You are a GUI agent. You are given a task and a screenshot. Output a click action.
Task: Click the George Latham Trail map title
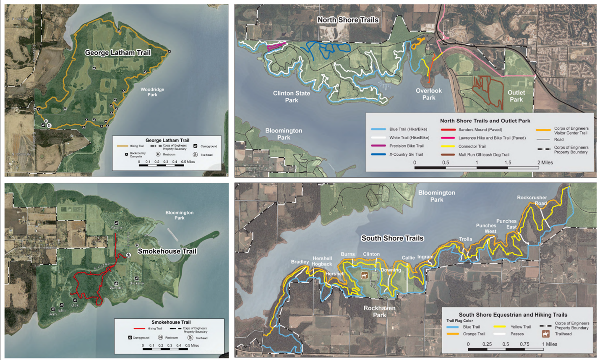[117, 53]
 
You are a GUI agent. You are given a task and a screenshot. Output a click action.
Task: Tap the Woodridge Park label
[152, 92]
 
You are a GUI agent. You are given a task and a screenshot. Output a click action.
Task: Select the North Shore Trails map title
[348, 20]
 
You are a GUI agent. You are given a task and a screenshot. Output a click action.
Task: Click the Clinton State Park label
[291, 97]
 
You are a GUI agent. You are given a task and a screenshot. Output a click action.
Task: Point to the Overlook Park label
[428, 94]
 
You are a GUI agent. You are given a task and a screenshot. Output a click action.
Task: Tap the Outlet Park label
[516, 96]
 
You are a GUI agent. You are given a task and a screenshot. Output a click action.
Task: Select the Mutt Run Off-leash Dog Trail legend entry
[483, 155]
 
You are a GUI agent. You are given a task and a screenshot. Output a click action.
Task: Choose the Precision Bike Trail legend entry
[406, 146]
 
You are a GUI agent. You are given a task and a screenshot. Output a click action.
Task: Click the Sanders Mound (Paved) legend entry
[480, 130]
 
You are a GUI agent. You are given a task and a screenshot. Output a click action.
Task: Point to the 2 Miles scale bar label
[545, 162]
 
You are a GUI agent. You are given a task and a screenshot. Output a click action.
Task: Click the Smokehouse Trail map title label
[167, 251]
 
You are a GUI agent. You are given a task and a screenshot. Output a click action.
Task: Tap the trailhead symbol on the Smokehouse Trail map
[128, 255]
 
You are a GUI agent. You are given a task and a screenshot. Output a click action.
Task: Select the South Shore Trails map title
[392, 238]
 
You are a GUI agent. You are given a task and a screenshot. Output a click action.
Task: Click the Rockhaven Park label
[379, 311]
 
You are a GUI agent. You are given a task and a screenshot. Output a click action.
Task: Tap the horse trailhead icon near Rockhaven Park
[364, 276]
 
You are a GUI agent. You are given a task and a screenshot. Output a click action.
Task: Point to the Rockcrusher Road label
[532, 200]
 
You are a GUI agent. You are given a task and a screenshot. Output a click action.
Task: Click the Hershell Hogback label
[322, 261]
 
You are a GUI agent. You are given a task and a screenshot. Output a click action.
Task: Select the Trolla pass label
[465, 239]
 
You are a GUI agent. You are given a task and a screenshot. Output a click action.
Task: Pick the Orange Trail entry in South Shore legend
[474, 334]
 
